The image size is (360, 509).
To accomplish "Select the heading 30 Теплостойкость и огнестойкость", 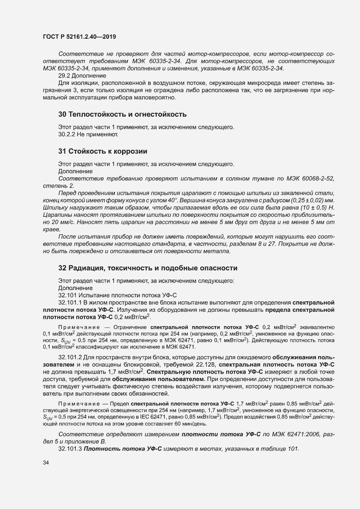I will [122, 115].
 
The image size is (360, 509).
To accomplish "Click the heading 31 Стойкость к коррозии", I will [102, 152].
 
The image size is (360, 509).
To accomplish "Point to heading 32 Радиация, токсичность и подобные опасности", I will [148, 267].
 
